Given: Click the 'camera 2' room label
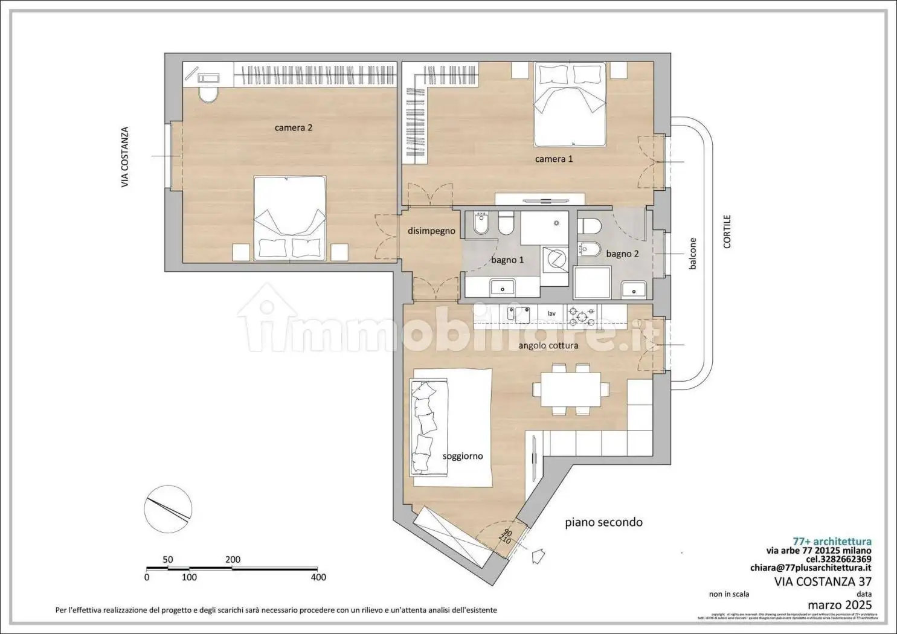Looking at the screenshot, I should [293, 128].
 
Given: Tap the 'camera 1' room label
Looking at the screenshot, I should [554, 159].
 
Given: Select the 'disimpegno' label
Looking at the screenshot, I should [431, 231].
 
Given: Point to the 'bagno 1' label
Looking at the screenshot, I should [507, 260].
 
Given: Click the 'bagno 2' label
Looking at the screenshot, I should [622, 254].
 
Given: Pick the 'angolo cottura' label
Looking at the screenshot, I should [548, 345].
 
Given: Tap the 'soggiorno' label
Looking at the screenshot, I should [463, 456].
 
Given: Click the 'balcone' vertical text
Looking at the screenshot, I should [692, 254].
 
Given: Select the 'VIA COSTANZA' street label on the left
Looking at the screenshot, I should [125, 156].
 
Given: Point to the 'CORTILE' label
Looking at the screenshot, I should [727, 231].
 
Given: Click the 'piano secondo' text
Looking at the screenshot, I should [603, 522].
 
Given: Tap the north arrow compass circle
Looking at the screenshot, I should [168, 508].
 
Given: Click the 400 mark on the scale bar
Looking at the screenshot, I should [318, 577].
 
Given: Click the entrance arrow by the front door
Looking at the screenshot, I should [538, 553].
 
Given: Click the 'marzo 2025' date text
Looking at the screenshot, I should [839, 604].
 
